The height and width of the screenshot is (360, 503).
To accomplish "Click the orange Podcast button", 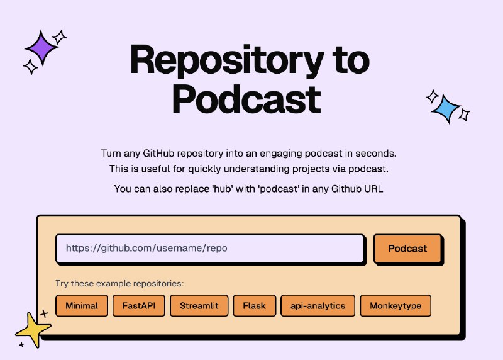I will (x=407, y=249).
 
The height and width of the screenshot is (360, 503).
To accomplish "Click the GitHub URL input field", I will (x=209, y=249).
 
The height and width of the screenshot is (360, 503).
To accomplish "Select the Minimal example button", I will (x=82, y=306).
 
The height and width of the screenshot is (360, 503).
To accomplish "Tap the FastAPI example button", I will (x=138, y=306).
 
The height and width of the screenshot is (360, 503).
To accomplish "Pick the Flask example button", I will (x=254, y=306).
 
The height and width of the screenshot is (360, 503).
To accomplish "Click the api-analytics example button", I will (x=318, y=306).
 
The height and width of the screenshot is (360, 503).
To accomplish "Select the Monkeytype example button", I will (x=395, y=306).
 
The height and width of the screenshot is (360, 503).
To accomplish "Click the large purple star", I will (x=41, y=47).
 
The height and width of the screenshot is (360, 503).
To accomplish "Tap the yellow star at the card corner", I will (x=33, y=329).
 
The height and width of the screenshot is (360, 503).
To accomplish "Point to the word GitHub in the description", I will (x=161, y=154).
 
